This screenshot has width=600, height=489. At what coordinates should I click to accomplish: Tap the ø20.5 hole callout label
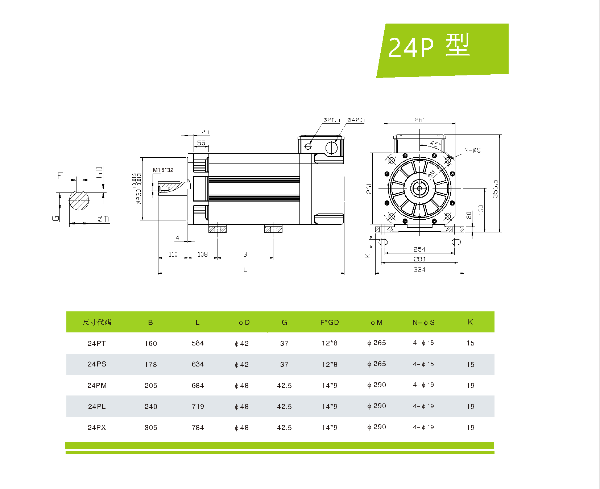coord(331,120)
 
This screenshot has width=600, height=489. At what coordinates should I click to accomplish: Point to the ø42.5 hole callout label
coord(356,120)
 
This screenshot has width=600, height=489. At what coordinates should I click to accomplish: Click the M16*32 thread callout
coord(163,170)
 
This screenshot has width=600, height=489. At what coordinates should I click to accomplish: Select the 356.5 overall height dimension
coord(495,188)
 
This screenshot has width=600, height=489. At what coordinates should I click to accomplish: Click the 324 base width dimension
coord(419,269)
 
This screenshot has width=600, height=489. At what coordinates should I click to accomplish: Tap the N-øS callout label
coord(472,150)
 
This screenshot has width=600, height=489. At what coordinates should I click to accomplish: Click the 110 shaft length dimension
coord(173,254)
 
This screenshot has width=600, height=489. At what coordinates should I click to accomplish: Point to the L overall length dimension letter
coord(245,270)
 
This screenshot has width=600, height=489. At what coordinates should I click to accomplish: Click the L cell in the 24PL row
coord(198,406)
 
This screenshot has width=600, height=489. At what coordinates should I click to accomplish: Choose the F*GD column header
coord(329,322)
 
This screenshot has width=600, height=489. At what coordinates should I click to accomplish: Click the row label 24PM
coord(97,385)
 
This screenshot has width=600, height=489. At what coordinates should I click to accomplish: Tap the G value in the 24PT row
coord(284,343)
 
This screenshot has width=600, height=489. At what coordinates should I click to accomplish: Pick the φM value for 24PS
coord(376,364)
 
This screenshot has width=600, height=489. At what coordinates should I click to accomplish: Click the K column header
coord(470,322)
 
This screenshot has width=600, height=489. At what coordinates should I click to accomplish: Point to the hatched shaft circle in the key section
coord(79,200)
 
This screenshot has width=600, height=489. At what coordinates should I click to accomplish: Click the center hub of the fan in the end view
coord(419,188)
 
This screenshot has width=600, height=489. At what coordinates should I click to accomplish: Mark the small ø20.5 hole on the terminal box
coord(308,146)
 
